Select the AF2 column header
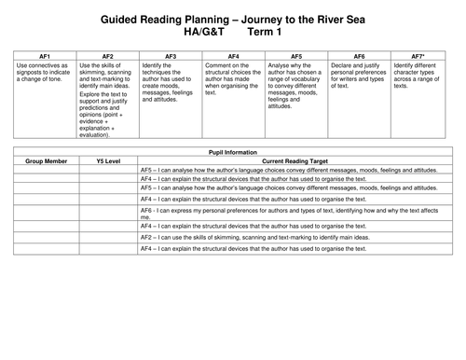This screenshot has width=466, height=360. [x=108, y=56]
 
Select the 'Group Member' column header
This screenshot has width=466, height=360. [x=45, y=159]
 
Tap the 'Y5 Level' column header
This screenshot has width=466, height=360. [x=108, y=159]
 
